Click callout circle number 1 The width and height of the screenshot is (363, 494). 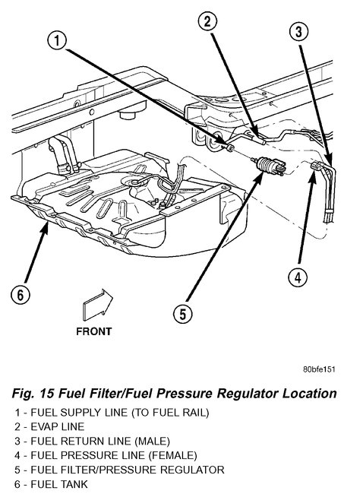[x=57, y=41]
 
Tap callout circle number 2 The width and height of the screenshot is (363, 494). [x=207, y=21]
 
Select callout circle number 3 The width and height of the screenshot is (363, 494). [x=298, y=31]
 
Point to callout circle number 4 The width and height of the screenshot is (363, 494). [x=298, y=277]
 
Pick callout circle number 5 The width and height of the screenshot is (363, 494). [x=183, y=313]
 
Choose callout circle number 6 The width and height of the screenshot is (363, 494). [x=21, y=295]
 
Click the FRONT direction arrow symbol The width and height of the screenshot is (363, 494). [x=98, y=305]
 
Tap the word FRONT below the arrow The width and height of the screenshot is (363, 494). [x=94, y=331]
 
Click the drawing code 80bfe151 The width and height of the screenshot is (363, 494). [x=319, y=369]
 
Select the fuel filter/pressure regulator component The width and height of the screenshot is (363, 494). [x=268, y=166]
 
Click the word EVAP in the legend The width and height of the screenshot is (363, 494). [x=44, y=426]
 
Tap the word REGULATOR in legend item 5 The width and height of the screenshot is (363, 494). [x=192, y=470]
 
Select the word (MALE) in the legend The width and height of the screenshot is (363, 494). [x=153, y=441]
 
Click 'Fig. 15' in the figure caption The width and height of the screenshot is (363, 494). [x=34, y=394]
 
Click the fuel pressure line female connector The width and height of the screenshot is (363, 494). [x=316, y=166]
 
